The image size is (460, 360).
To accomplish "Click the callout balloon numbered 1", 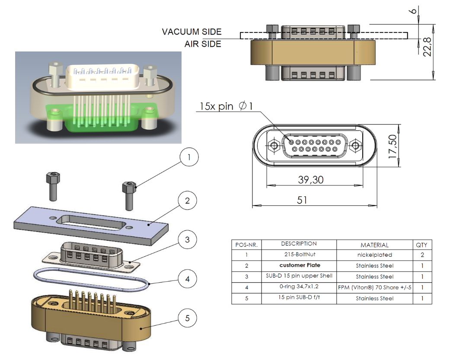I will pyautogui.click(x=189, y=158).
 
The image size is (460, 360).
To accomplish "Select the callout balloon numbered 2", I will pyautogui.click(x=187, y=201).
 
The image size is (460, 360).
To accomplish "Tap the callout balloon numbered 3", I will pyautogui.click(x=187, y=239).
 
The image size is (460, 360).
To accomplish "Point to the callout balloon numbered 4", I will pyautogui.click(x=187, y=279).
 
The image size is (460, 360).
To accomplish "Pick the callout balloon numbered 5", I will pyautogui.click(x=187, y=319).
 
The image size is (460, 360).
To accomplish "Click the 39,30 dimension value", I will pyautogui.click(x=310, y=179).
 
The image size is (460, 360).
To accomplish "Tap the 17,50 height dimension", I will pyautogui.click(x=393, y=145).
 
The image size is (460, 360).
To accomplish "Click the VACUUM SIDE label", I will pyautogui.click(x=192, y=32).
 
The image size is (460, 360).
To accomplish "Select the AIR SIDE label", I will pyautogui.click(x=203, y=44).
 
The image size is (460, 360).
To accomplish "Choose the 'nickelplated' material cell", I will pyautogui.click(x=374, y=255).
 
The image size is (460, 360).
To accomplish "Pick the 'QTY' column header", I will pyautogui.click(x=422, y=245).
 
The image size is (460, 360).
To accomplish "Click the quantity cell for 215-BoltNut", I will pyautogui.click(x=422, y=255).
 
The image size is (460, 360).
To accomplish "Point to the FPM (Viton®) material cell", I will pyautogui.click(x=374, y=287).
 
